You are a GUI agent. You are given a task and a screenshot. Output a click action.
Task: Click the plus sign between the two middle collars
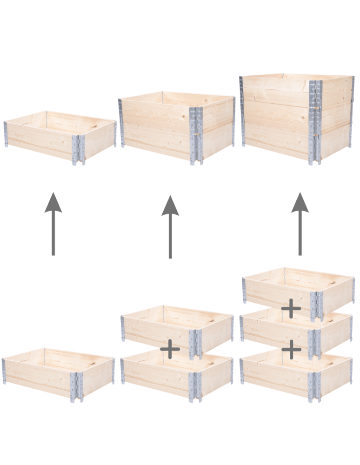coord(170,349)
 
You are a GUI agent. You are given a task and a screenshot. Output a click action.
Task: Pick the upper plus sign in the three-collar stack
coord(291,309)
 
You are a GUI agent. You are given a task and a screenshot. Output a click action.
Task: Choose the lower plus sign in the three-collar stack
coord(291,349)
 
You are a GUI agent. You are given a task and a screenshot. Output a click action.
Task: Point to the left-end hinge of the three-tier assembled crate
coord(242,112)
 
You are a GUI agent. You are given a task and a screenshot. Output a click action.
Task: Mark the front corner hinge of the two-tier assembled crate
coord(196,135)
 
